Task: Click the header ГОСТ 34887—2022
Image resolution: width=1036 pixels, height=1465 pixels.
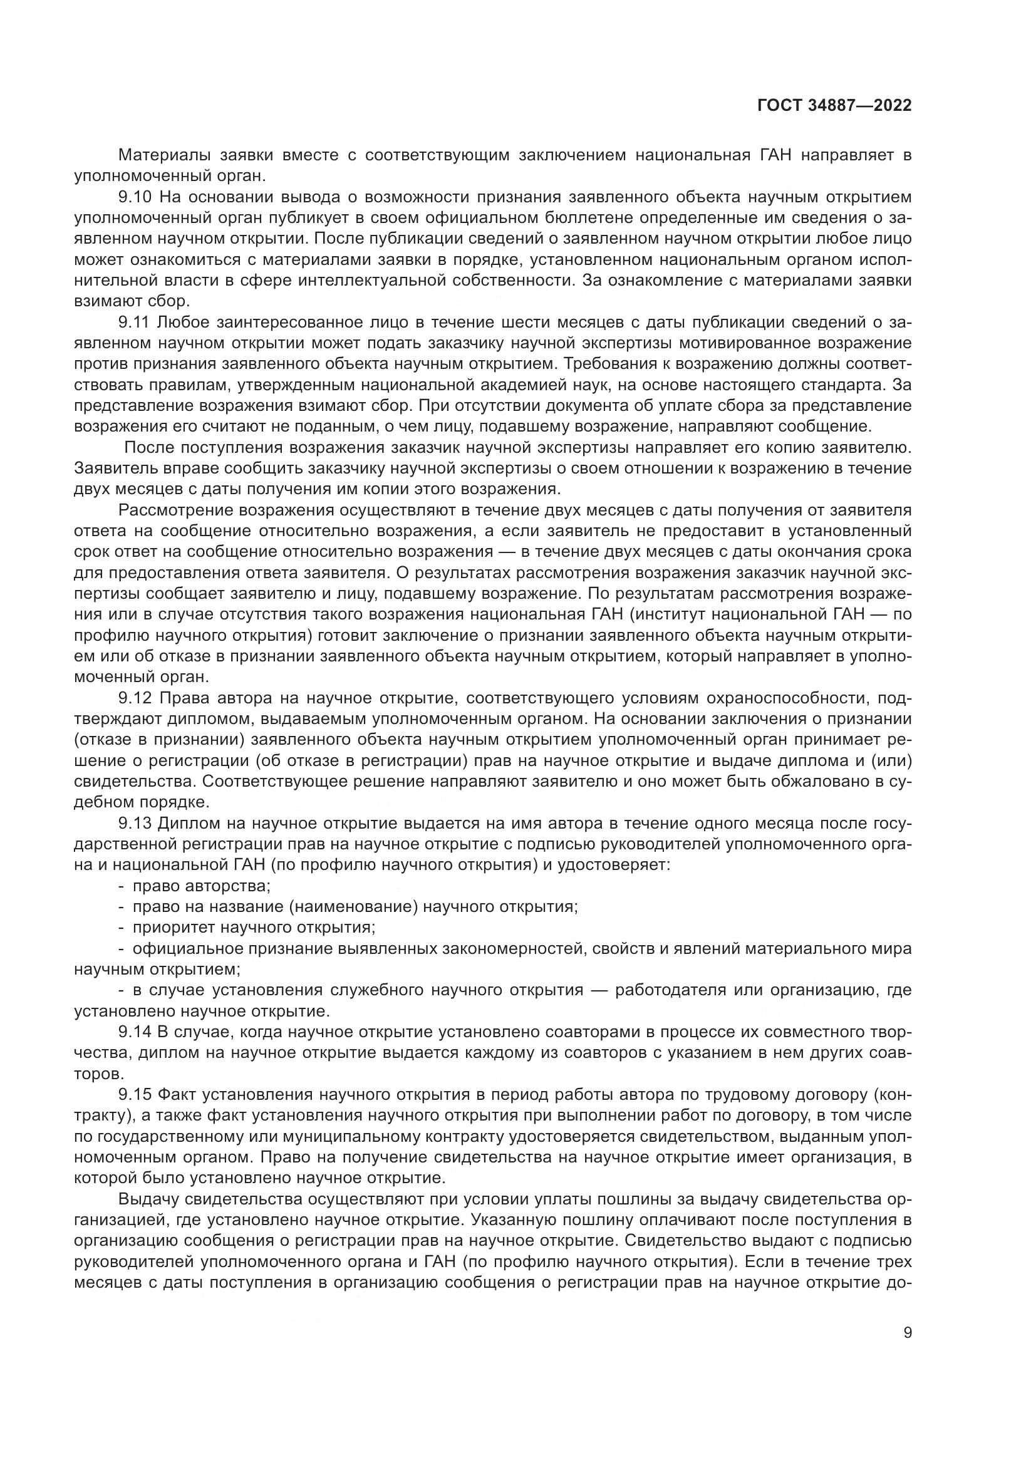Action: click(834, 106)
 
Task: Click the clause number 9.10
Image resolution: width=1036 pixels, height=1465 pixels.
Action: click(135, 197)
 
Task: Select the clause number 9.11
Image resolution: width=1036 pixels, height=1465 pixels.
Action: click(135, 322)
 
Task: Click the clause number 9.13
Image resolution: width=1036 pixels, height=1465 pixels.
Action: click(135, 824)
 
